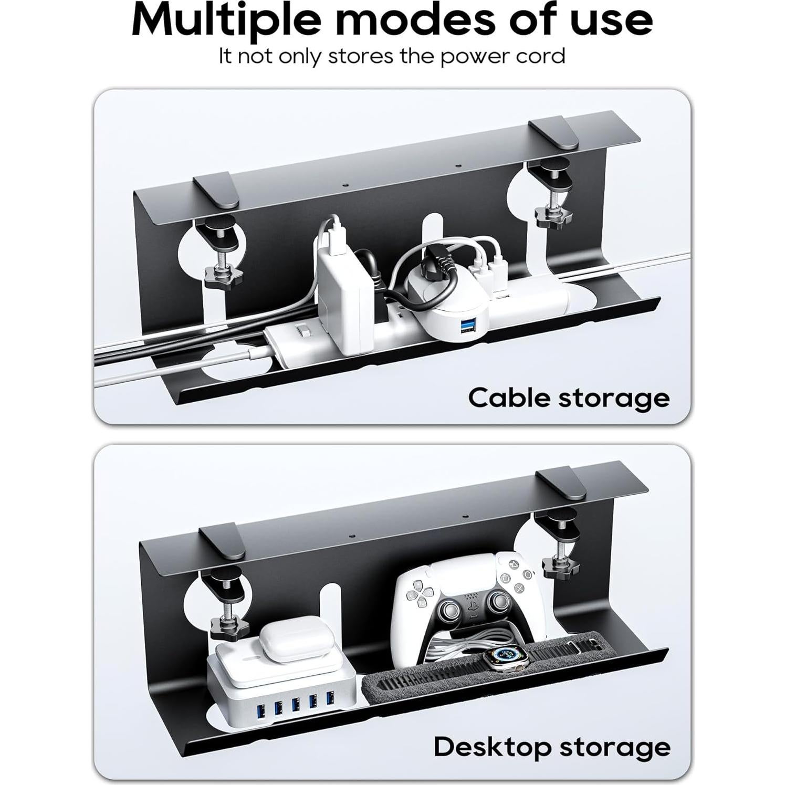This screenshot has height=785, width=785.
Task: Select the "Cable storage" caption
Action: [x=569, y=399]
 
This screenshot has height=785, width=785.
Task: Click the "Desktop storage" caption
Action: [x=552, y=747]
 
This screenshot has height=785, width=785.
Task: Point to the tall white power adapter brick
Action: [x=341, y=291]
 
